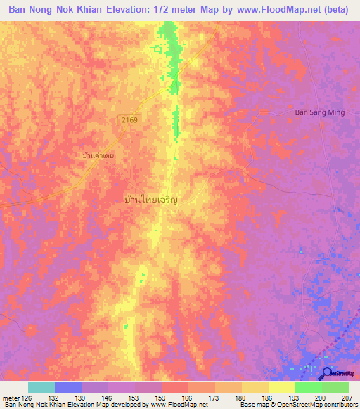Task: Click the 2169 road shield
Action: coord(129,121)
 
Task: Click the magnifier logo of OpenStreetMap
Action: coord(328,373)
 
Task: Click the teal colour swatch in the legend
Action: coord(41,387)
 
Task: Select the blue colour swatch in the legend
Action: coord(68,387)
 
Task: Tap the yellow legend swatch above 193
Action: coord(282,387)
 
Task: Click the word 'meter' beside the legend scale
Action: coord(8,397)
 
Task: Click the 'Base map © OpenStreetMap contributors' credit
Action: coord(297,405)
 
